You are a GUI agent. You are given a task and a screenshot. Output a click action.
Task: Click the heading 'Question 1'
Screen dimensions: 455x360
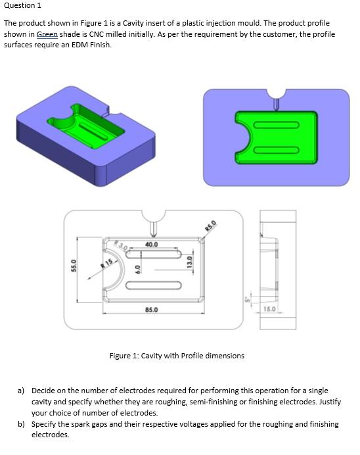22,6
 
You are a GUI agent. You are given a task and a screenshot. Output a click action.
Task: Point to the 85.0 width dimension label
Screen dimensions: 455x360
151,309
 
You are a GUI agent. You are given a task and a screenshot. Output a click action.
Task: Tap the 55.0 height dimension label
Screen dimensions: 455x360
73,268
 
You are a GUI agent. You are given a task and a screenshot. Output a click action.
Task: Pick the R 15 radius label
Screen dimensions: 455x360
106,262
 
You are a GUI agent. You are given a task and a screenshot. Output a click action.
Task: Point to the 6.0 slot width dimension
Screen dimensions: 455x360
137,270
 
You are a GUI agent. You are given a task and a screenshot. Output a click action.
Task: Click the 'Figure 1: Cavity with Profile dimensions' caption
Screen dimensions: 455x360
176,356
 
